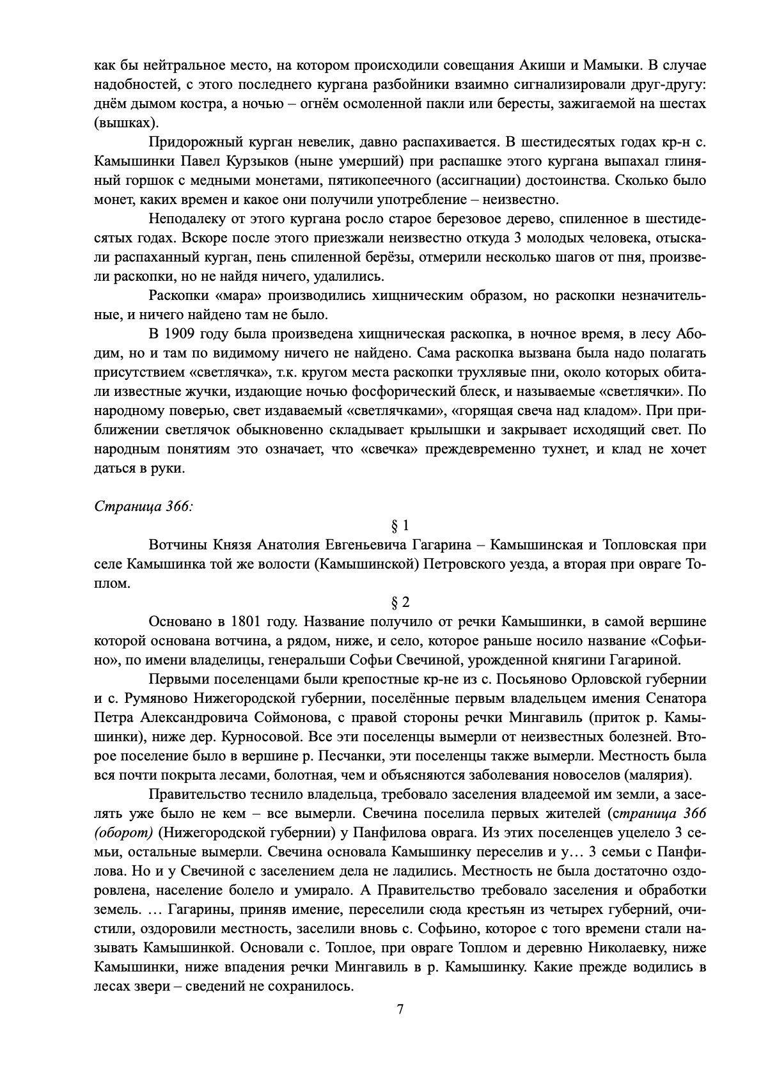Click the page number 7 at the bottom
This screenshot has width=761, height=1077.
coord(400,1010)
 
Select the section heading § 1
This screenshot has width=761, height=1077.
coord(400,526)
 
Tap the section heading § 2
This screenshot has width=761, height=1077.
coord(400,602)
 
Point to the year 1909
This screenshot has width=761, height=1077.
coord(182,334)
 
